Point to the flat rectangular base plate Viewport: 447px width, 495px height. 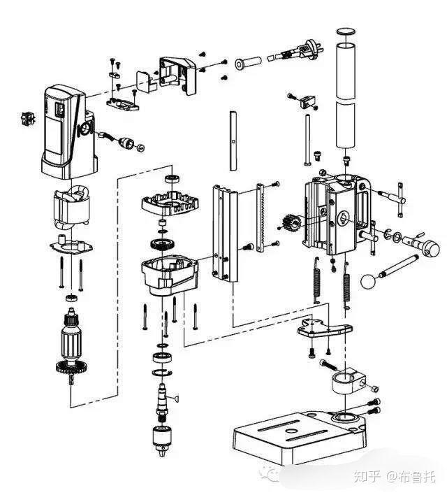click(300, 440)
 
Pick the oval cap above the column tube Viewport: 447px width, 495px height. click(346, 31)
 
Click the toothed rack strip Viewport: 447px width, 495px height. click(260, 217)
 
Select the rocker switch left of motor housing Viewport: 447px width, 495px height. click(28, 118)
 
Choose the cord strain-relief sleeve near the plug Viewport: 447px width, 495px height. click(248, 63)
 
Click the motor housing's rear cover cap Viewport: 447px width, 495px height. click(179, 75)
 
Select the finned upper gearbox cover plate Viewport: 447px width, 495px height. click(170, 202)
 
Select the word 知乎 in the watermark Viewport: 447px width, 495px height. click(367, 475)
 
